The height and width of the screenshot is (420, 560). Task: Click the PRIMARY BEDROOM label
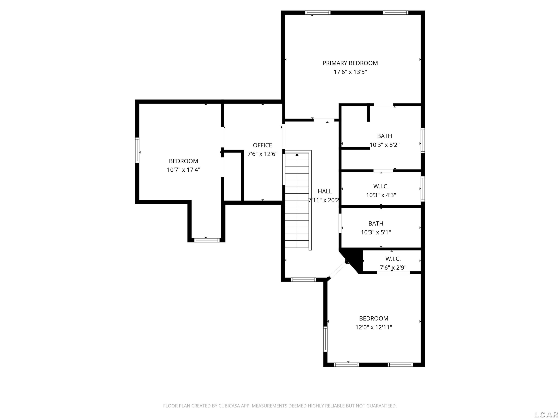350,63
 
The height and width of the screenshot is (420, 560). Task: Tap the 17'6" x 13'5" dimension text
350,72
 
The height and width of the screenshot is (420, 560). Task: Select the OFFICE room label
262,145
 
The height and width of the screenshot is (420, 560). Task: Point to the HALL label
325,191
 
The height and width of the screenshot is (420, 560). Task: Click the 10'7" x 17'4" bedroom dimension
183,170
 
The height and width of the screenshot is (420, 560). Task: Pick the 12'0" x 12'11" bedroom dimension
374,327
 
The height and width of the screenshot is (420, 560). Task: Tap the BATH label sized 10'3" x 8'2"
385,136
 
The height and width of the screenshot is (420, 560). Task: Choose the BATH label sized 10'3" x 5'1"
376,224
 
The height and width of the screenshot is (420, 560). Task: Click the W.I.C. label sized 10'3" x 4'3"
381,186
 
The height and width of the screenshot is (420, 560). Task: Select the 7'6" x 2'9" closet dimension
393,268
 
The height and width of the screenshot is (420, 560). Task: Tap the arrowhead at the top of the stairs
297,154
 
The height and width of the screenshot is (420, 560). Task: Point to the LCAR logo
546,414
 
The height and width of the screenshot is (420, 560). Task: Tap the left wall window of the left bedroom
137,150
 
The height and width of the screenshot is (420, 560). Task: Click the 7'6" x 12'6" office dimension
262,154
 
